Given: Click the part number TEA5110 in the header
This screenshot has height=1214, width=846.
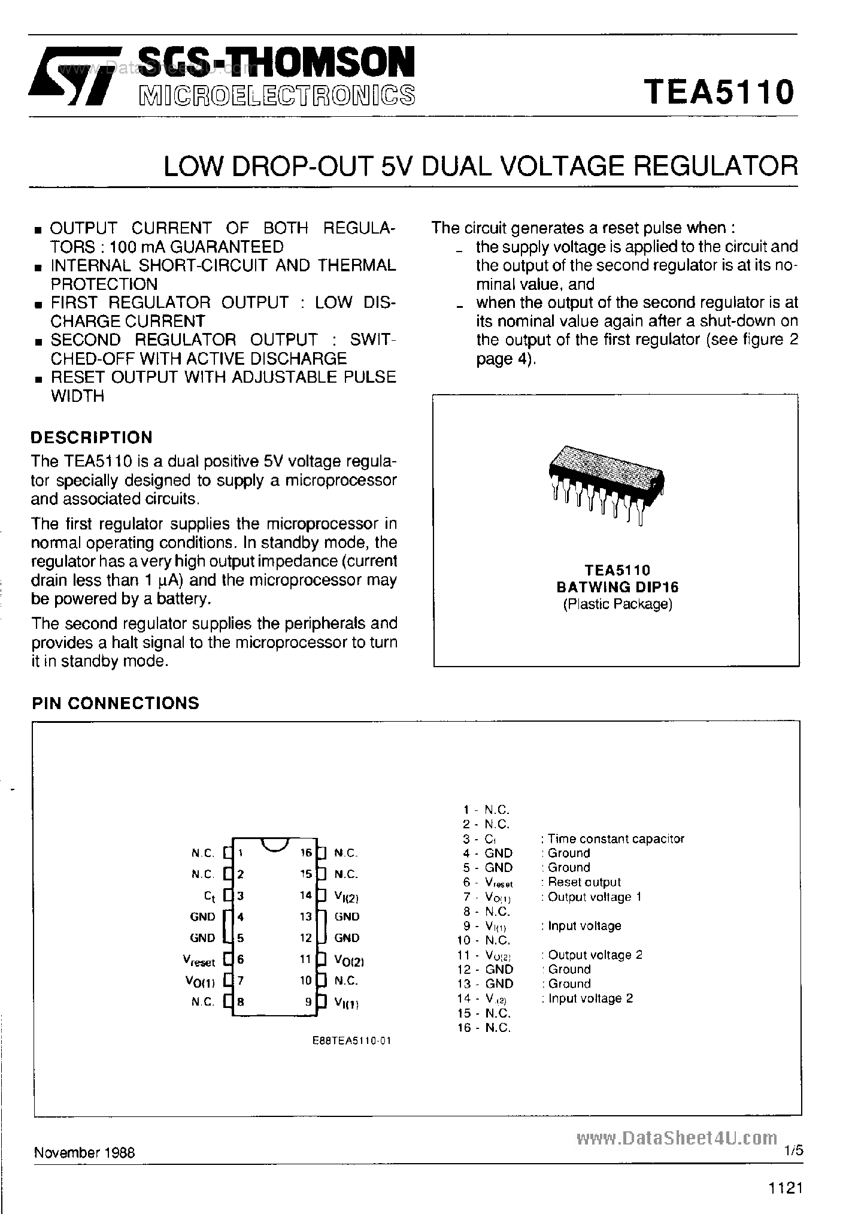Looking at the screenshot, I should pos(719,92).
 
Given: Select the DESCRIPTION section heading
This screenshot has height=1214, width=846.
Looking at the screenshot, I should pos(92,437).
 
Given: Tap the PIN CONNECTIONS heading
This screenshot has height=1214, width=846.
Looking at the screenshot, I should pos(116,703).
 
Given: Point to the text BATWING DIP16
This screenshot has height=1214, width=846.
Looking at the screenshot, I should pos(617,588).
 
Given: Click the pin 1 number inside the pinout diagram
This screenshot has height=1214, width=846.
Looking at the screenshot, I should pos(239,853).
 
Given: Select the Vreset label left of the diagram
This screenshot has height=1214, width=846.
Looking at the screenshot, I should pos(199,961).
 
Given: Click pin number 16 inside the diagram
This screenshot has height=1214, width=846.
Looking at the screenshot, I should pos(306,853).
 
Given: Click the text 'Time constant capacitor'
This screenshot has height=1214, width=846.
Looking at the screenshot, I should pos(615,839).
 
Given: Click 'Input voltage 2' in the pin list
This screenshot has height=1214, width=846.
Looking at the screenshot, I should pos(590,998).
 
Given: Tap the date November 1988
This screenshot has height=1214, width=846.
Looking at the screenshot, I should pos(84,1152).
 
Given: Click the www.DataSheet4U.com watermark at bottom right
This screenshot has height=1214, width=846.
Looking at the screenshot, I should pos(677,1138).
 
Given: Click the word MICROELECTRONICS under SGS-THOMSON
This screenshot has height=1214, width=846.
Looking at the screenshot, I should pos(276,96).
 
